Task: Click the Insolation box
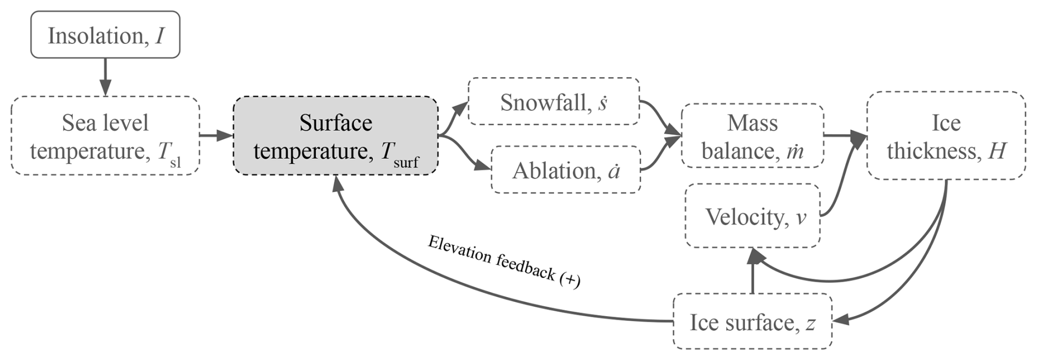pos(105,35)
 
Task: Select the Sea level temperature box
pos(105,136)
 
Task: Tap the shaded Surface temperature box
pos(335,136)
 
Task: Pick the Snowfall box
pos(554,102)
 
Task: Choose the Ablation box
pos(566,170)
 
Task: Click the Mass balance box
pos(752,136)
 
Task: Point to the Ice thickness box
pos(946,136)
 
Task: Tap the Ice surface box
pos(752,322)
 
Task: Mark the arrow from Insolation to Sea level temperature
pos(105,77)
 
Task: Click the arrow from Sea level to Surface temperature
pos(216,135)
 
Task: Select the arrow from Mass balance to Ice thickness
pos(844,135)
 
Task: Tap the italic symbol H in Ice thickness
pos(997,151)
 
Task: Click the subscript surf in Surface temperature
pos(406,162)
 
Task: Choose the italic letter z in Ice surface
pos(811,323)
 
